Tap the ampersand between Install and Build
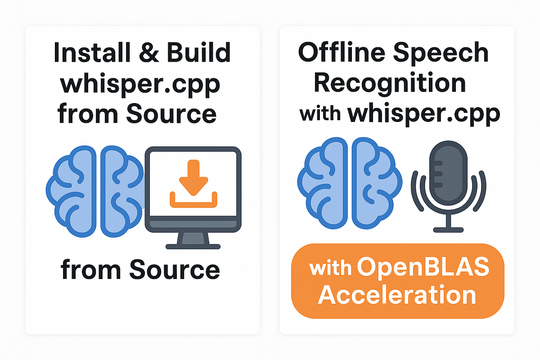coord(148,53)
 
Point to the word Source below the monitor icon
coord(175,270)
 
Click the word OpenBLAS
coord(423,269)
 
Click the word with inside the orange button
coord(331,269)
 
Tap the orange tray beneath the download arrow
coord(193,201)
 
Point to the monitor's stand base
coord(193,246)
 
